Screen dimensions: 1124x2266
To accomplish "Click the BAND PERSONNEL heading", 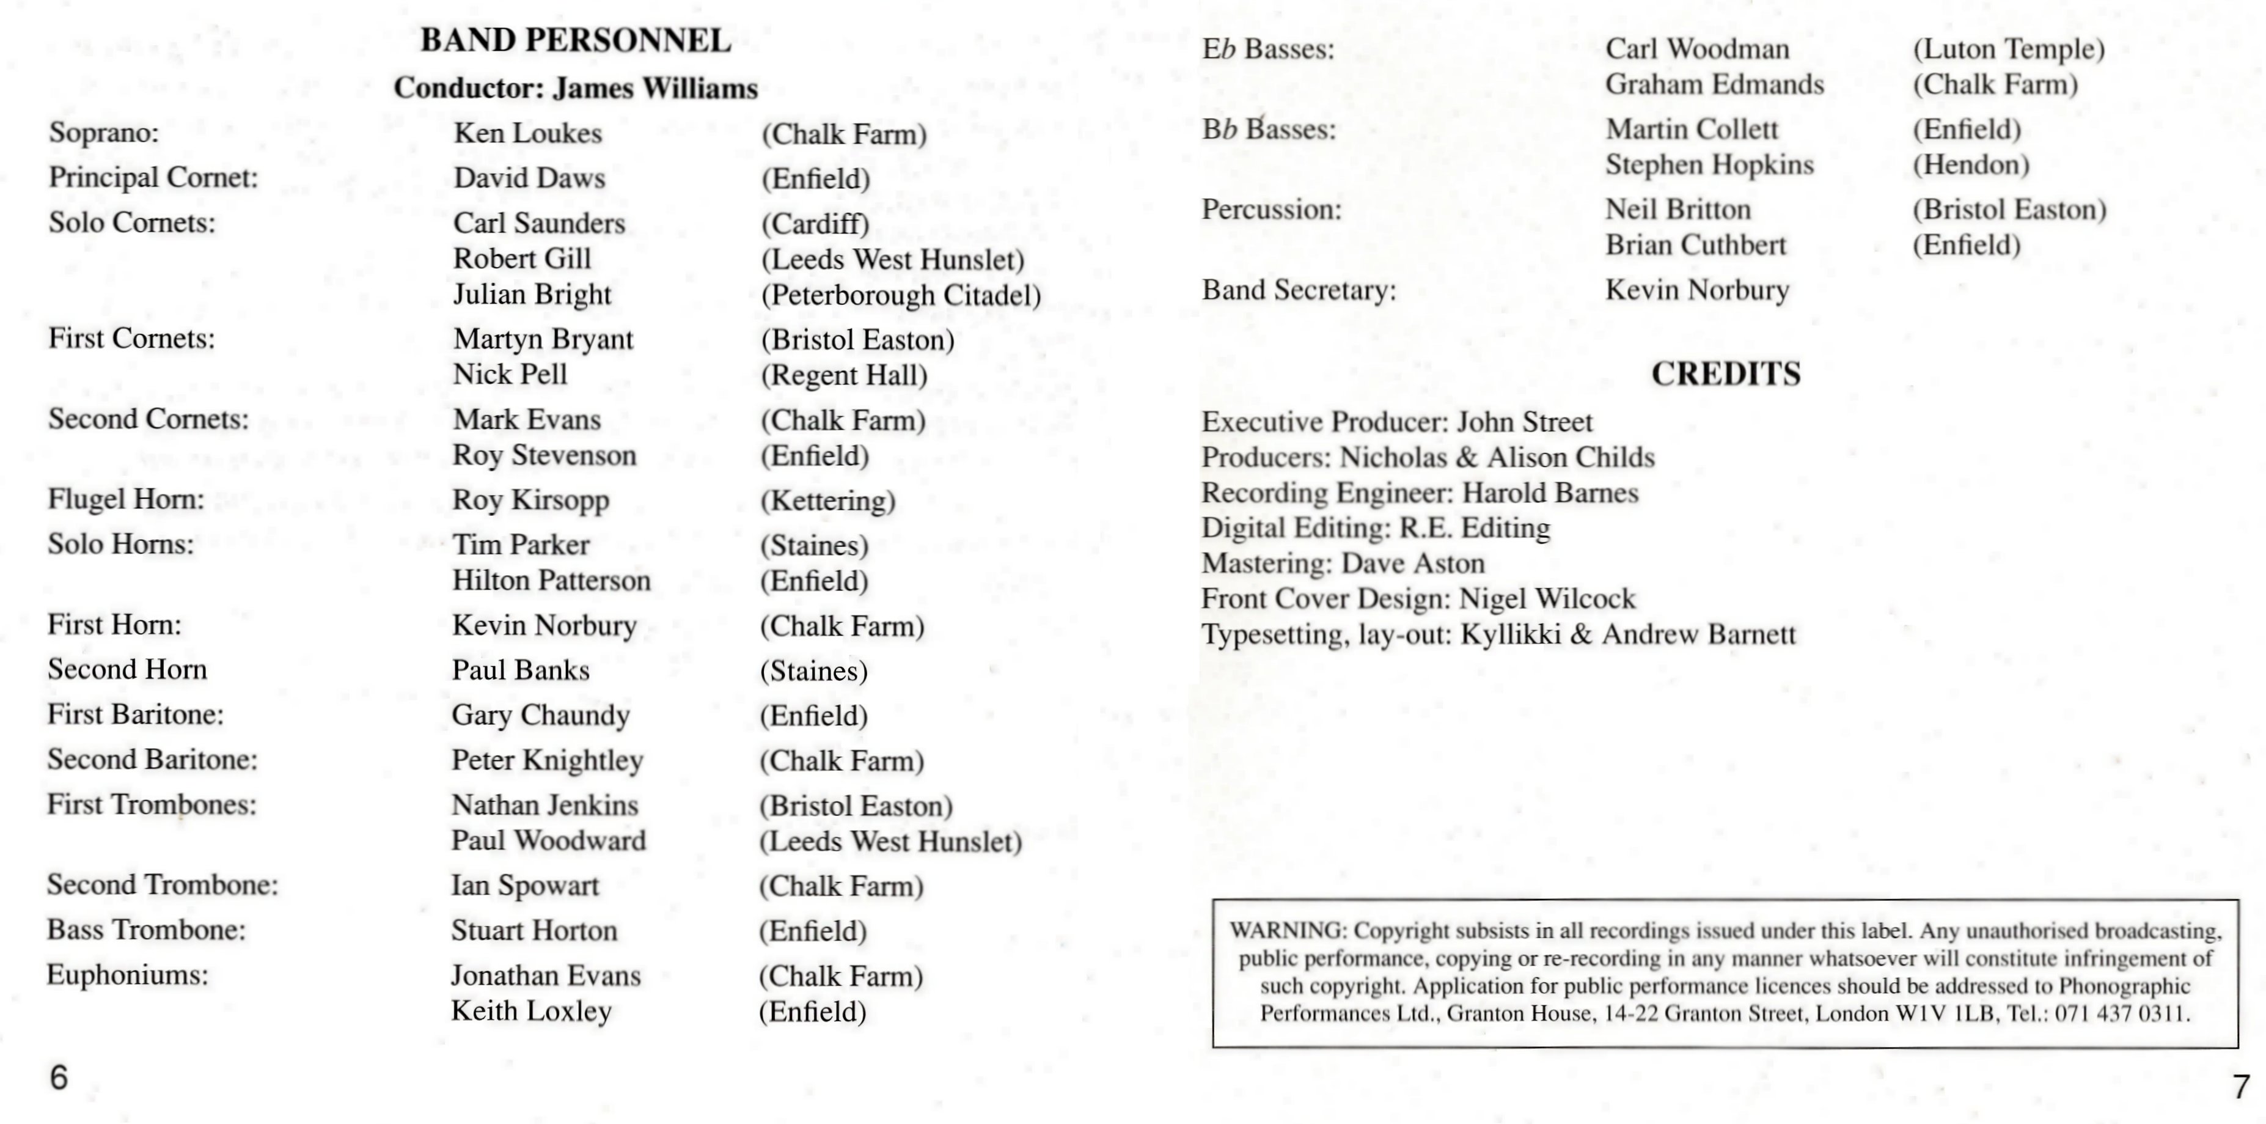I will point(575,40).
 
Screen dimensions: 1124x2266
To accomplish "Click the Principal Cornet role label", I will point(153,178).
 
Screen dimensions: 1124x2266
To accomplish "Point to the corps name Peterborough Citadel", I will point(901,295).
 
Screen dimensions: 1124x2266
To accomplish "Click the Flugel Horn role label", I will point(126,499).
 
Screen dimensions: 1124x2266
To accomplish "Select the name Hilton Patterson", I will point(552,581).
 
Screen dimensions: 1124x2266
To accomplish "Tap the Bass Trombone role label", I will point(146,930).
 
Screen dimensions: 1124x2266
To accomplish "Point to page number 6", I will point(59,1078).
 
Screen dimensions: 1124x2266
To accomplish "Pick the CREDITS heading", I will point(1726,374).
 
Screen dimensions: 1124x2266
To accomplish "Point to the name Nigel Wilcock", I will point(1547,599).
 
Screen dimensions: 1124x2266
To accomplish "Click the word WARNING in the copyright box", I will point(1288,930).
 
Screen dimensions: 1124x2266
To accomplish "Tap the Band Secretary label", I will point(1299,290).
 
